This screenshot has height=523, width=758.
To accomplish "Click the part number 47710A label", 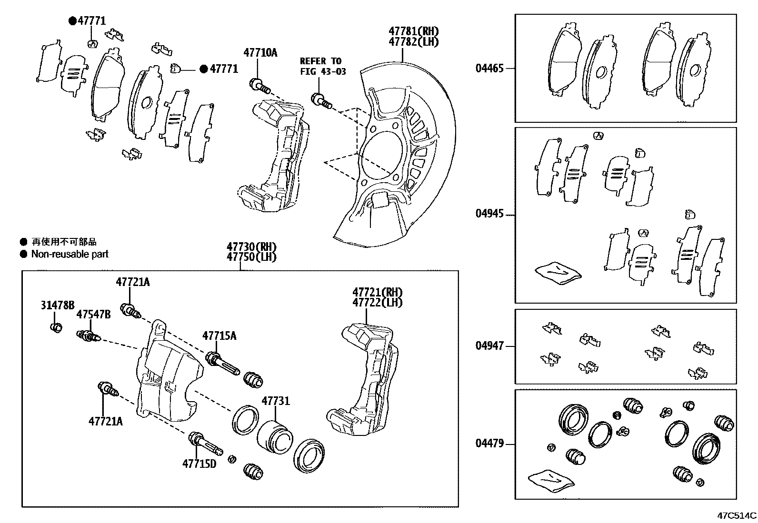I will [260, 52].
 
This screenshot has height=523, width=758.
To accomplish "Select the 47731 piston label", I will [275, 401].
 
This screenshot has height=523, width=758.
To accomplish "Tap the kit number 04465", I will [489, 68].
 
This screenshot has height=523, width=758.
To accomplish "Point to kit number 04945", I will [489, 214].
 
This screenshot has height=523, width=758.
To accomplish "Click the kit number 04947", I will [489, 346].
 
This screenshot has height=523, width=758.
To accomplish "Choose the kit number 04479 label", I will [489, 444].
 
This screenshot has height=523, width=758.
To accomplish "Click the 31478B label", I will [57, 305].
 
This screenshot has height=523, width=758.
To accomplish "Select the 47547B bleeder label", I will [94, 315].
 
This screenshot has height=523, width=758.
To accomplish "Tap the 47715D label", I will [199, 463].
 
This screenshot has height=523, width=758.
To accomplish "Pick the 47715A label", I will [219, 336].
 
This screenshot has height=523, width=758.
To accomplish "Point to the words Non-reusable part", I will [70, 254].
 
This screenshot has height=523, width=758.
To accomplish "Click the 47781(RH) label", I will [413, 31].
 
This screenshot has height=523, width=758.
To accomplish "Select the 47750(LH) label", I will [251, 257].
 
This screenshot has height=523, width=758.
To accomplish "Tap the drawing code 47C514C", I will [737, 515].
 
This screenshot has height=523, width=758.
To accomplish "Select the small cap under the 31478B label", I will [56, 327].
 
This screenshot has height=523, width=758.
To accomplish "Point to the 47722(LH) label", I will [377, 302].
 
